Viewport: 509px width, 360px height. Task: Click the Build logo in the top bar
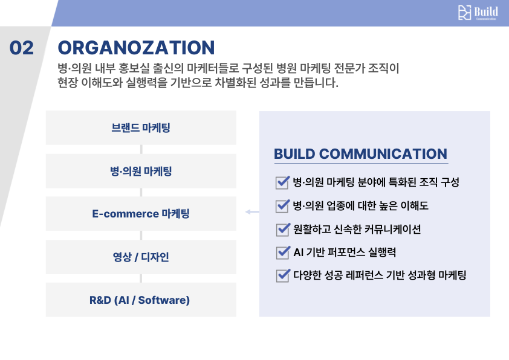click(478, 13)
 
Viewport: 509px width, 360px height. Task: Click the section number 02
click(22, 48)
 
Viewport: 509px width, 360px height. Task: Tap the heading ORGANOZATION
click(136, 48)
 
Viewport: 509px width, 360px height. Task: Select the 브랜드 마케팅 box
click(141, 127)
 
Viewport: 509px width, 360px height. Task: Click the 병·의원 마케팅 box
click(141, 171)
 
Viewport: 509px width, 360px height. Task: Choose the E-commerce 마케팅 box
click(141, 214)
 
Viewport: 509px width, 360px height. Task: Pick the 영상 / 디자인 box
click(141, 257)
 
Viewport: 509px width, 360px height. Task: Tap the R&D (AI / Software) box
click(141, 300)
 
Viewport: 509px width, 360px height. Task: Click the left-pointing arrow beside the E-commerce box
click(251, 212)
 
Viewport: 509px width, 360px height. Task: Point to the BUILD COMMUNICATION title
click(360, 154)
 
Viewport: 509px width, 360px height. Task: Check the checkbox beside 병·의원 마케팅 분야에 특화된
click(282, 182)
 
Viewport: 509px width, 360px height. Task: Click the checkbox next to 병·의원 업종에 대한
click(282, 205)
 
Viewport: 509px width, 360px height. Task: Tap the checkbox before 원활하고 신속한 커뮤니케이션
click(282, 229)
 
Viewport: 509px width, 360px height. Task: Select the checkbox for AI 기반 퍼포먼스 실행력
click(282, 252)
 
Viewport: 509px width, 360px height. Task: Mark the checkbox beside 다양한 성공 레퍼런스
click(282, 275)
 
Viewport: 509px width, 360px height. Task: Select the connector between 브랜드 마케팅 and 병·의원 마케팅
click(141, 149)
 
